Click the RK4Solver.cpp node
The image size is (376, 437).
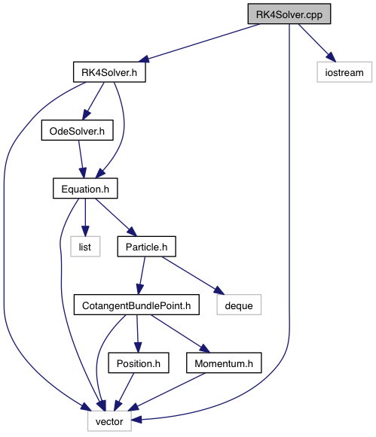click(289, 14)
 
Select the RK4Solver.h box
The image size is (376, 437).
click(109, 72)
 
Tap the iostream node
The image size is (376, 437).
click(344, 72)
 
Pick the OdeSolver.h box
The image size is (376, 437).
click(78, 130)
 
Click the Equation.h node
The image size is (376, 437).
click(85, 189)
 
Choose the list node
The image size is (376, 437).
click(85, 247)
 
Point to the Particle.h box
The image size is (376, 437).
click(146, 247)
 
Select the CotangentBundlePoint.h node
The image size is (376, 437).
click(136, 305)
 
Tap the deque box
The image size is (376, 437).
click(239, 305)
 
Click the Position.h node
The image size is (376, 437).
click(139, 363)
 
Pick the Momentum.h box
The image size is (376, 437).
click(224, 363)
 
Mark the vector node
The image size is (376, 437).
click(109, 421)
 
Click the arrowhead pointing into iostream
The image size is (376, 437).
click(331, 57)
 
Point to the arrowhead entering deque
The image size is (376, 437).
click(219, 290)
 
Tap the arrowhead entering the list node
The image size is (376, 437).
click(85, 231)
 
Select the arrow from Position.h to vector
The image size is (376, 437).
click(124, 392)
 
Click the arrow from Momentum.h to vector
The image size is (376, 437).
click(167, 392)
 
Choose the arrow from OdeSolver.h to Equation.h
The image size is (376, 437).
click(81, 159)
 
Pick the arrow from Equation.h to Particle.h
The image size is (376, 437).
click(116, 217)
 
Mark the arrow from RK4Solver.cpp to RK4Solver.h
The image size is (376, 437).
click(199, 42)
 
